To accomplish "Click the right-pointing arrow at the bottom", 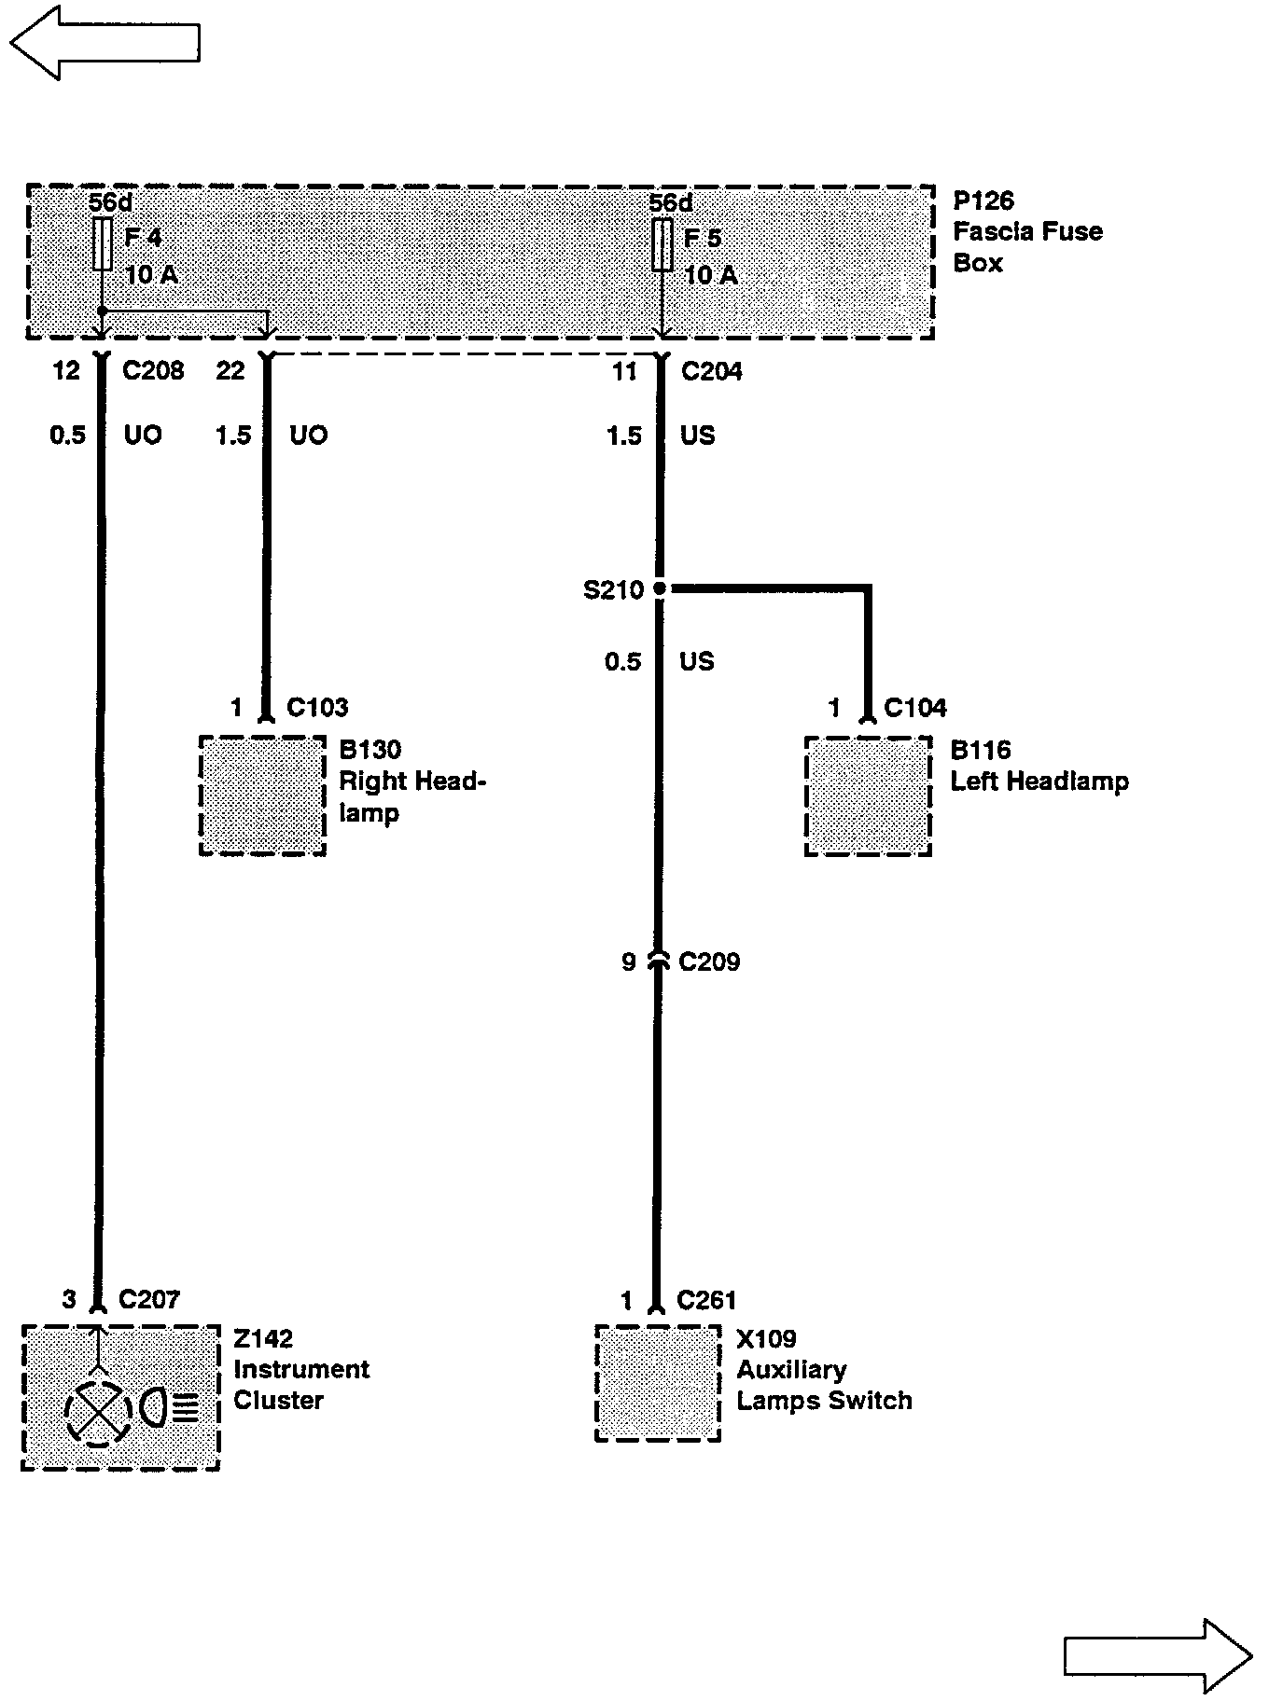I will [x=1158, y=1654].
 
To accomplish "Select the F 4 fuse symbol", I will [x=103, y=244].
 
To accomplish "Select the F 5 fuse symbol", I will [x=662, y=244].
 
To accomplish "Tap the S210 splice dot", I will [x=660, y=588].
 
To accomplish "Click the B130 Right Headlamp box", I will [x=263, y=795].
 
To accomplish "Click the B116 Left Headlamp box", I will [x=868, y=795].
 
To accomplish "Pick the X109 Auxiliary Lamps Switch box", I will [x=658, y=1383].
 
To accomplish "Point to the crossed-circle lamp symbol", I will [x=96, y=1413].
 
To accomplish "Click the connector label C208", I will [x=153, y=371].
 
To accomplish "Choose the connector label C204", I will [x=712, y=371].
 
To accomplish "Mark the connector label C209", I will [x=709, y=961].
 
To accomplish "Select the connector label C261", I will [x=706, y=1300].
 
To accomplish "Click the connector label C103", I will [x=317, y=708].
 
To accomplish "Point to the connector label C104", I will [x=914, y=708].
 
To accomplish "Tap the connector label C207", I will [x=148, y=1299].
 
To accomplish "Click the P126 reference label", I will [x=983, y=201].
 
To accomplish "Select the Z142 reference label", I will [x=263, y=1338].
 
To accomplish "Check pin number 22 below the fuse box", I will [x=230, y=371].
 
